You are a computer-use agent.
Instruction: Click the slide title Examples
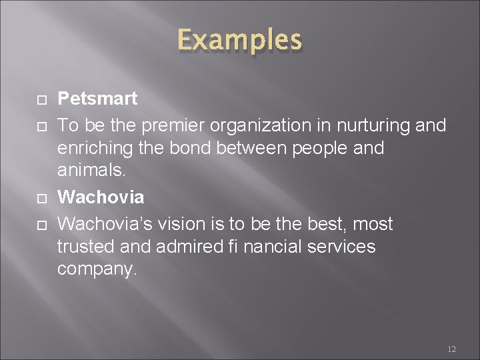239,41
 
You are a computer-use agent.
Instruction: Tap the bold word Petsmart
97,99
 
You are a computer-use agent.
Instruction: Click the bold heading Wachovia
101,197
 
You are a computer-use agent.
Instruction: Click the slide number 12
452,348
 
